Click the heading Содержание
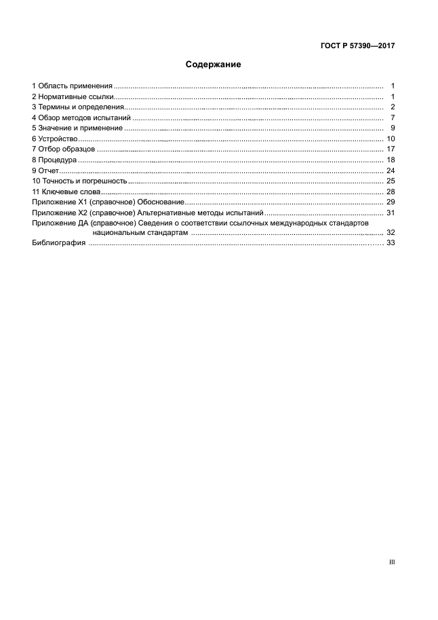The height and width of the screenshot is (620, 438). pos(214,65)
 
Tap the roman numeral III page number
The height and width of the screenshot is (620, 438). pos(391,562)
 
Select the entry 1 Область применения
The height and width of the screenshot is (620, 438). pos(72,86)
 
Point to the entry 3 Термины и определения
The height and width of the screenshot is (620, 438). pos(78,107)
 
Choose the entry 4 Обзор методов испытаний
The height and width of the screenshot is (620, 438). pos(81,117)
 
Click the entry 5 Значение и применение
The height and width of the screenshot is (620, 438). pos(77,128)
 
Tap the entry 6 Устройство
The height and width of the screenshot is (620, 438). pos(55,139)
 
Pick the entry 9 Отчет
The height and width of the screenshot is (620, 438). pos(46,170)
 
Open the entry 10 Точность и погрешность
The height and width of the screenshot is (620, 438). pos(80,181)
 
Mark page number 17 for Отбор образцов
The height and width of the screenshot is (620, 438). pos(390,149)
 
